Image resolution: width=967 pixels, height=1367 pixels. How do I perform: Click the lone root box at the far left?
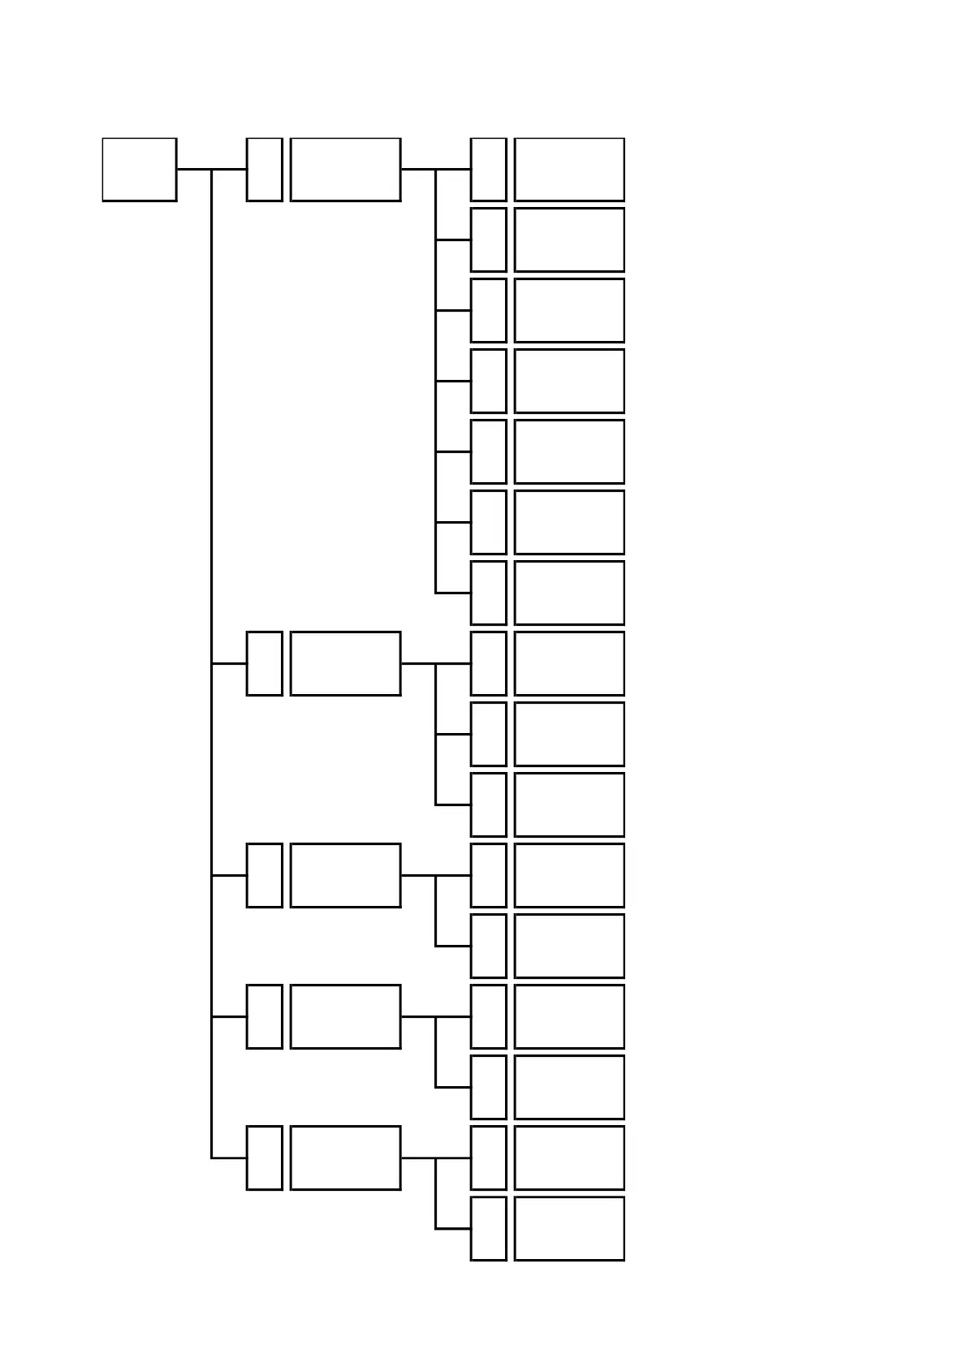pos(139,169)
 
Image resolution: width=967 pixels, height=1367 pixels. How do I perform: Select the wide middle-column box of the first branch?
pos(345,169)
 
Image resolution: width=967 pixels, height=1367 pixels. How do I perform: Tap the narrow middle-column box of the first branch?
pos(264,169)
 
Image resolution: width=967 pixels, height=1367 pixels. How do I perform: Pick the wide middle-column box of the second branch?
pos(345,663)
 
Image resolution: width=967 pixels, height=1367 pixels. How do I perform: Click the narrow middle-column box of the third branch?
pos(264,875)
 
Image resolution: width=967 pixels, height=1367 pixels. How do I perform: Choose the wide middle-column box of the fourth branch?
pos(345,1016)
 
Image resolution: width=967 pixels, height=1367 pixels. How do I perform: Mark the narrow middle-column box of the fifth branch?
pos(264,1158)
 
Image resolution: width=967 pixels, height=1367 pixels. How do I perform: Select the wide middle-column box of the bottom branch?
pos(345,1158)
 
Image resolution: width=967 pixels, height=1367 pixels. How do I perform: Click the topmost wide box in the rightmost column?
pos(569,169)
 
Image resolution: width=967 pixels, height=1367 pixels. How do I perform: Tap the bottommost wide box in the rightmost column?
pos(569,1228)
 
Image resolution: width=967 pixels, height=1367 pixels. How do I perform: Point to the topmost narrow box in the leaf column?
pos(488,169)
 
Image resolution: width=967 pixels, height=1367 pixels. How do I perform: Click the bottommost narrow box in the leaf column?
pos(488,1228)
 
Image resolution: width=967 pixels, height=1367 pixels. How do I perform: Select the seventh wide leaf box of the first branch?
pos(569,593)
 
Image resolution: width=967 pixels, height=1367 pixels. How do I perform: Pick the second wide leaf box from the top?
pos(569,239)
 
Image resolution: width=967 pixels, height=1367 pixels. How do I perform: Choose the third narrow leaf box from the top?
pos(488,310)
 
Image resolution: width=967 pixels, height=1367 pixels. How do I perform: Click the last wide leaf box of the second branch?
pos(569,804)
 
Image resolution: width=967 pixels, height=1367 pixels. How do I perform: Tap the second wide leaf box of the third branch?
pos(569,946)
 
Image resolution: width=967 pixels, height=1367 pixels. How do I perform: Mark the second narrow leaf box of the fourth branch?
pos(488,1087)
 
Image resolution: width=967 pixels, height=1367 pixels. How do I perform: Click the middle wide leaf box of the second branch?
pos(569,734)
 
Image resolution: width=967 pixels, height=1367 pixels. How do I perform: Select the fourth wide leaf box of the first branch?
pos(569,381)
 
